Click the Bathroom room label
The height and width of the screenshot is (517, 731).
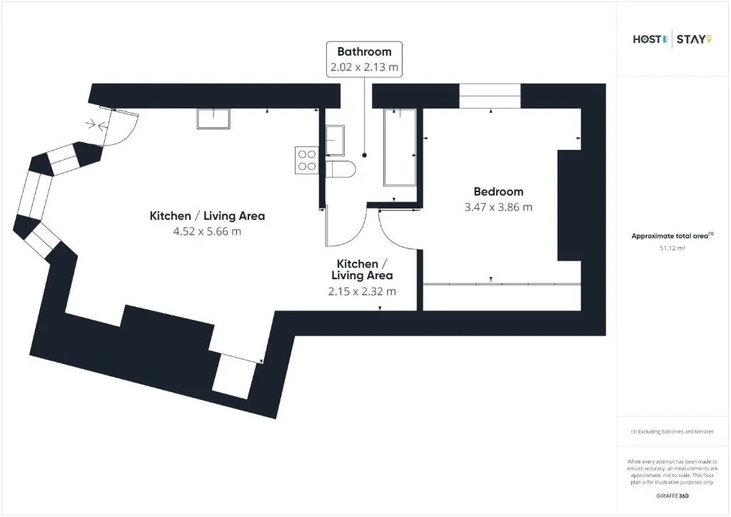(x=364, y=51)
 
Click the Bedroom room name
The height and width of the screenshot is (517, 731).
(x=498, y=191)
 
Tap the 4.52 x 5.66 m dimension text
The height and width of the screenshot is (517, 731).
(x=207, y=231)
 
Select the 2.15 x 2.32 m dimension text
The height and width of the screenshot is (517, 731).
(x=362, y=291)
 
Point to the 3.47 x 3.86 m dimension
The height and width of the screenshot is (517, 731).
(x=498, y=207)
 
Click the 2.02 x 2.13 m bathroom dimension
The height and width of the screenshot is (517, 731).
(x=364, y=66)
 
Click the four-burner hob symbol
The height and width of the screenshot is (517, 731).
(x=307, y=161)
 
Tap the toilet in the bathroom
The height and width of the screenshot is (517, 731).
(x=341, y=169)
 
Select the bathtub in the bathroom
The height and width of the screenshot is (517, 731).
(x=400, y=147)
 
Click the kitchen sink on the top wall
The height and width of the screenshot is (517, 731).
(x=213, y=119)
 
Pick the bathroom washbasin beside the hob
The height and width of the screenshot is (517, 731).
(x=335, y=141)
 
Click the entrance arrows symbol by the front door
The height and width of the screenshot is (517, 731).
(x=97, y=124)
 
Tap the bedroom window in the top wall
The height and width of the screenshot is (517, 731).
(x=490, y=96)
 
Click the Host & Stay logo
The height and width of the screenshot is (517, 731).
(x=672, y=39)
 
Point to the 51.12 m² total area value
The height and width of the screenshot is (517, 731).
(x=672, y=248)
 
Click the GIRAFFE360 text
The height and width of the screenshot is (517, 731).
(x=672, y=496)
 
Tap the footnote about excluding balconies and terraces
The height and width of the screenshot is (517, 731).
(x=672, y=432)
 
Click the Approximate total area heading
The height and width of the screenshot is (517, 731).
(x=672, y=236)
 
